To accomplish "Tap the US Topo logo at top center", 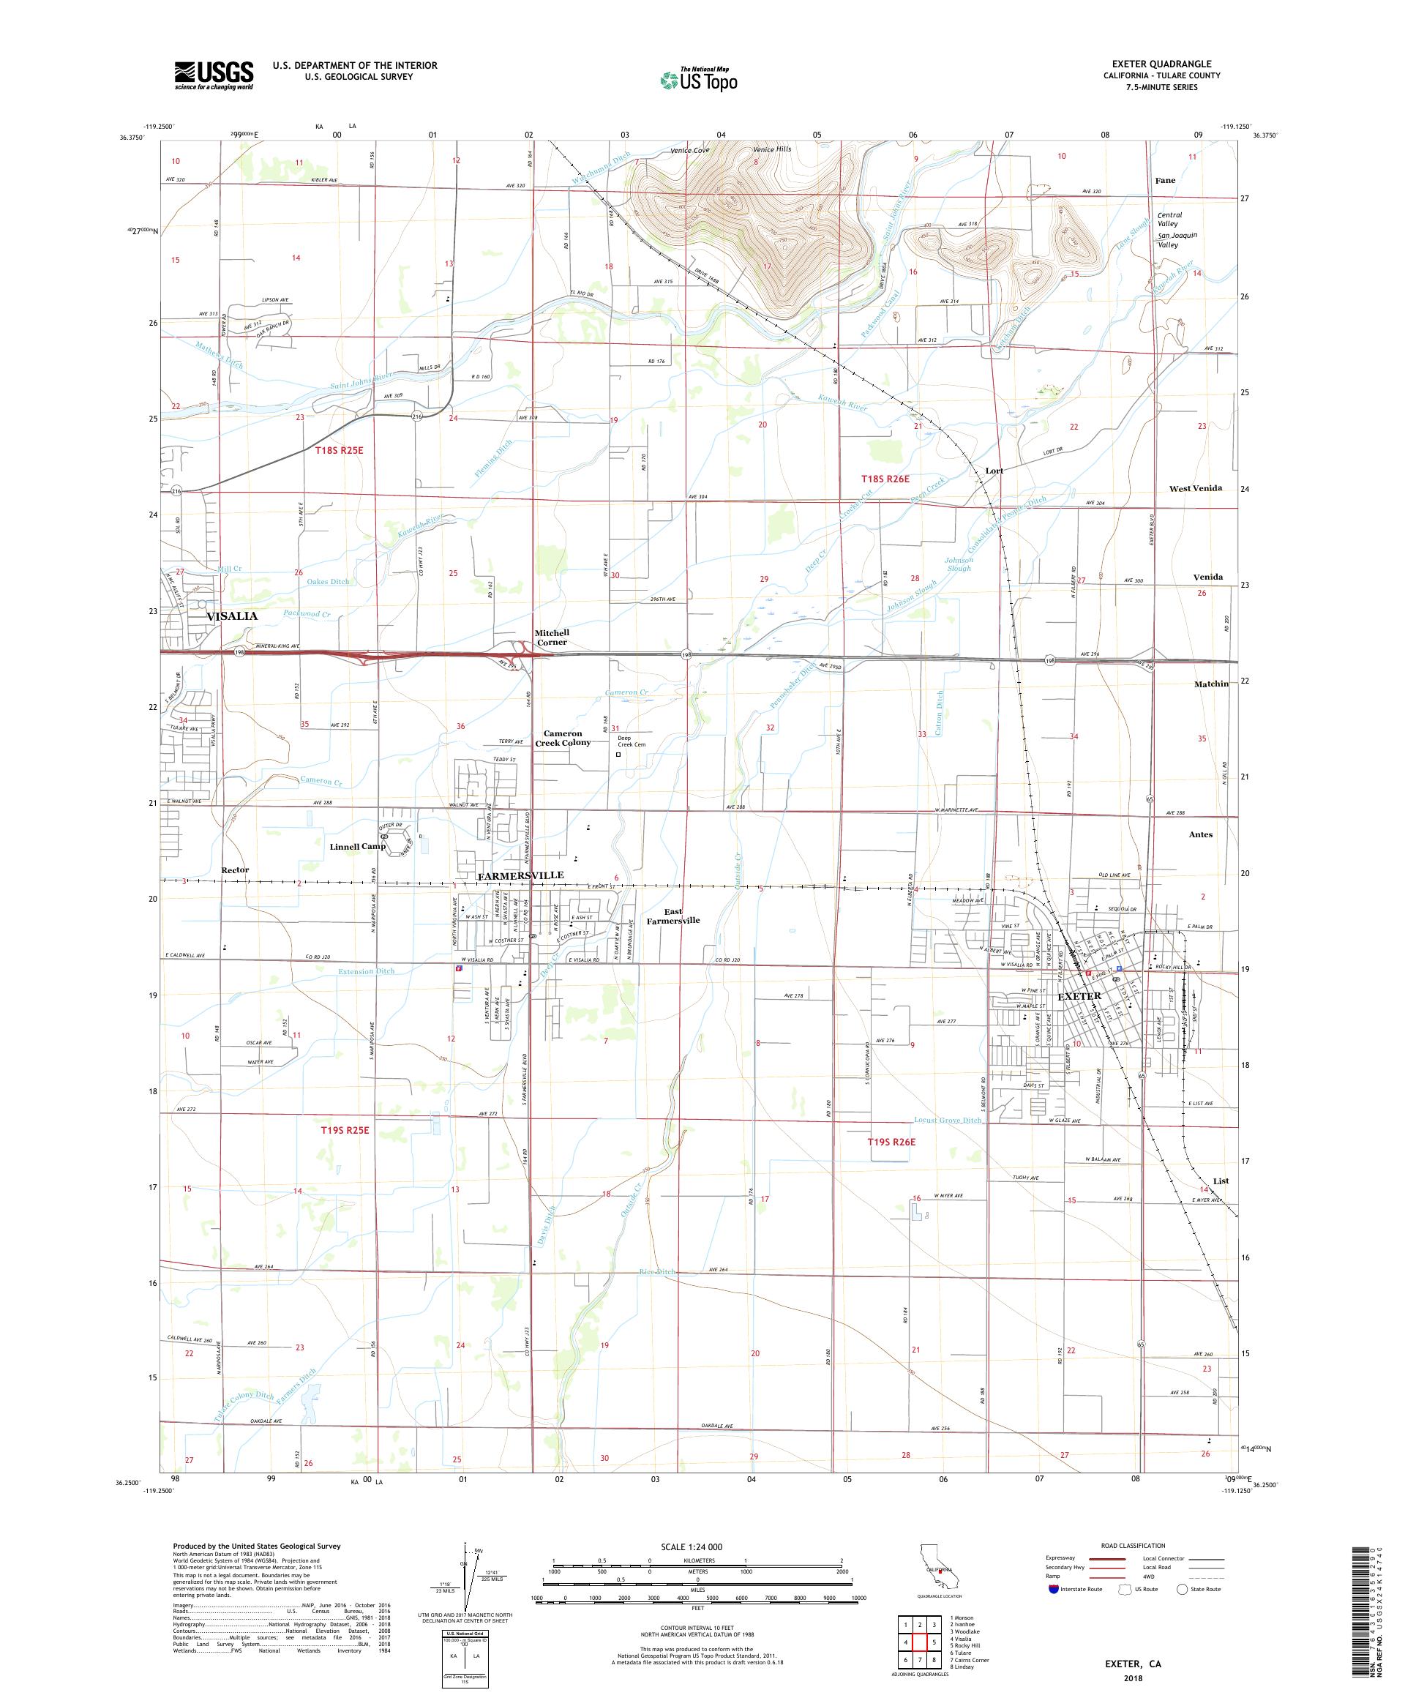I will click(x=700, y=79).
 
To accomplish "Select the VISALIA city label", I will click(x=232, y=616).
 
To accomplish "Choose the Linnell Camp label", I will click(x=357, y=847).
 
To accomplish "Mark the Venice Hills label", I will click(x=772, y=149).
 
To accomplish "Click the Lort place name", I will click(x=994, y=471).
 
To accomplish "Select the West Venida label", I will click(x=1196, y=488).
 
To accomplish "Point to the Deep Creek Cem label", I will click(x=632, y=741).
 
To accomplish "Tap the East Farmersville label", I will click(x=672, y=916).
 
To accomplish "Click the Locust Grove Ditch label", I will click(x=948, y=1120).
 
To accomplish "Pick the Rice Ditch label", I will click(x=656, y=1272).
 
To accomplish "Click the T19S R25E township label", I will click(x=345, y=1129).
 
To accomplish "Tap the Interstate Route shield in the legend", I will click(x=1052, y=1589).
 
